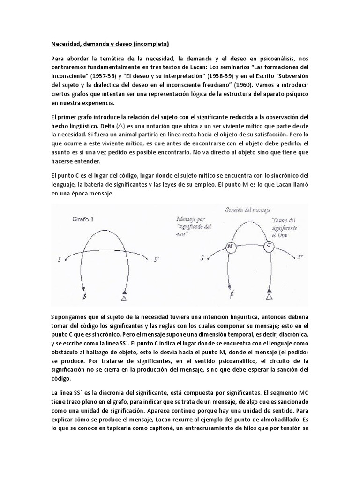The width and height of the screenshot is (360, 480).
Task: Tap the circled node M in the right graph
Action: pos(231,246)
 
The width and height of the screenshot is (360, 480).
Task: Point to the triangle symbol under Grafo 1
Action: pos(124,297)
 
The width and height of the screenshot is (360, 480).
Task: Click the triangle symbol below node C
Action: pos(269,296)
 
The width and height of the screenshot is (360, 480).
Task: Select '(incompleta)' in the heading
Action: pos(150,45)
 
